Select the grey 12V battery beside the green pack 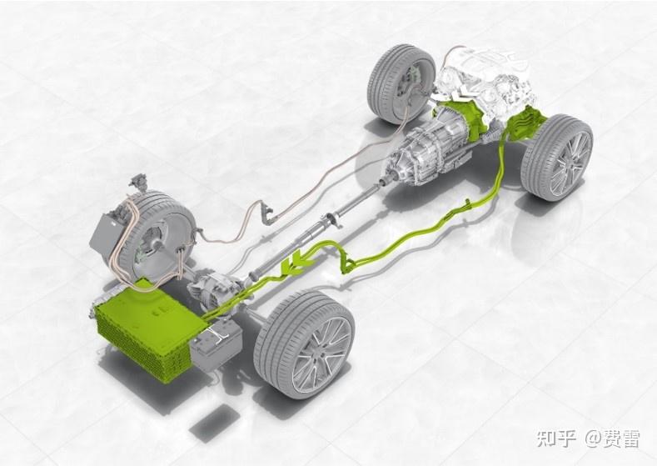click(217, 345)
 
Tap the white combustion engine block click(486, 80)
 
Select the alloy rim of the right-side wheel click(570, 163)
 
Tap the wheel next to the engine click(401, 84)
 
